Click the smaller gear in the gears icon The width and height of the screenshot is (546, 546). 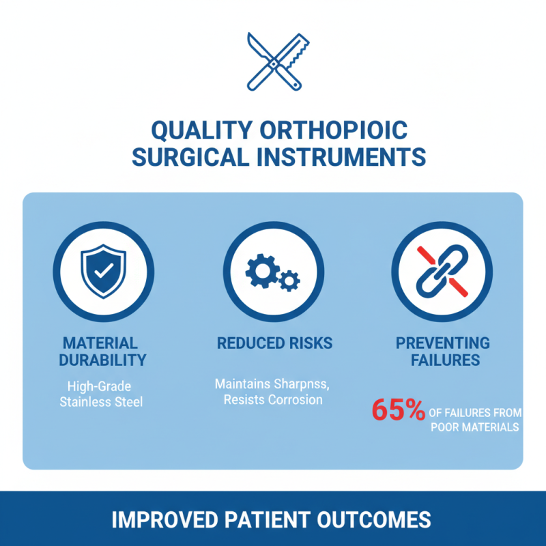(290, 280)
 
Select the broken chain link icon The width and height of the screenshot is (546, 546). (442, 271)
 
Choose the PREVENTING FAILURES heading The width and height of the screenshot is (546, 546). (442, 351)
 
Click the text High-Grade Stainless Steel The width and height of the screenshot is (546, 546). (101, 393)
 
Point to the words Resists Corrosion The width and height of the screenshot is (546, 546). (273, 400)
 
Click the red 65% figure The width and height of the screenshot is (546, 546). (399, 412)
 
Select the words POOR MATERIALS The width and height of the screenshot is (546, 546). (475, 428)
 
